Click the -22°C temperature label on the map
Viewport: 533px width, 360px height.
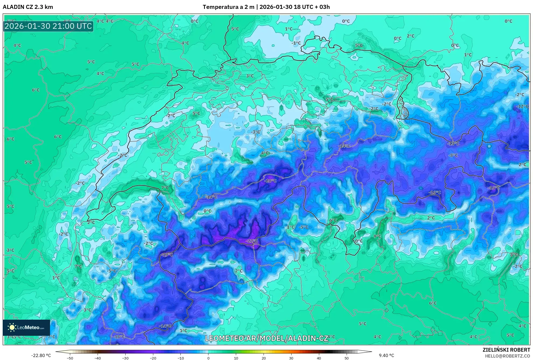(x=252, y=241)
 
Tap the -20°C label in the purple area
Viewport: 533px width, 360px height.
(x=270, y=181)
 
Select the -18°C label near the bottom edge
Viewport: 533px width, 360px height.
(x=119, y=337)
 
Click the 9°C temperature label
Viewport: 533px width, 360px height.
(x=377, y=236)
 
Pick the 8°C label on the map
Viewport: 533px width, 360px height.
(x=514, y=255)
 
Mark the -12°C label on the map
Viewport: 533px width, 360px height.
(x=522, y=107)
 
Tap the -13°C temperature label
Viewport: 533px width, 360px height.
(x=453, y=144)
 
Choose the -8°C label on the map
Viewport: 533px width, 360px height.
(x=453, y=155)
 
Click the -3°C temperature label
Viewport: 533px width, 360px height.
(x=255, y=132)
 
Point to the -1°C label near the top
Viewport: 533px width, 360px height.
(x=296, y=43)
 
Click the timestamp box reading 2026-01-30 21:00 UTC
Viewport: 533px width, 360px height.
(x=48, y=26)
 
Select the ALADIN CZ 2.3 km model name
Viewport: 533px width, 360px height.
(x=28, y=7)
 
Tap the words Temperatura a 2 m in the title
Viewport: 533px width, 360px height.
(x=228, y=7)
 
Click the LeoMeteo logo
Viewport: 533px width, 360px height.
(x=26, y=327)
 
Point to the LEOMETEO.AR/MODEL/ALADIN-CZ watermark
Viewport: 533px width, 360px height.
(x=266, y=338)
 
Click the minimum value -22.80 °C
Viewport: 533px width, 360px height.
(x=41, y=356)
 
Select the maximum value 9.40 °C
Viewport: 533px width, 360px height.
(x=386, y=356)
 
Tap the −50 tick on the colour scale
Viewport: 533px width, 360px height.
(x=70, y=358)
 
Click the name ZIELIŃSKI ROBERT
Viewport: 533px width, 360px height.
(x=506, y=350)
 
